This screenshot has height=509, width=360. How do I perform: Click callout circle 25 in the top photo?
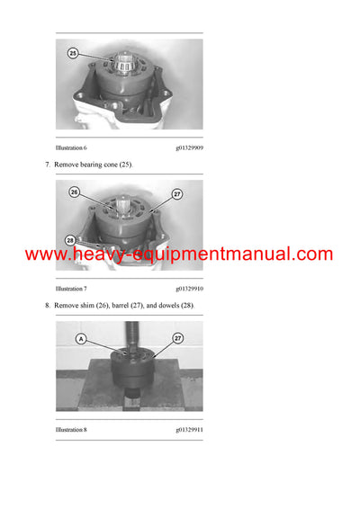coord(72,53)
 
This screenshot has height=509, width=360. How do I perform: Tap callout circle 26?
coord(74,192)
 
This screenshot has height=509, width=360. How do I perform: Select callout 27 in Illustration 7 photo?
coord(177,193)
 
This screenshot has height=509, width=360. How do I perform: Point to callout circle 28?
coord(69,240)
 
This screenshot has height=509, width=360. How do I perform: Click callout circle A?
coord(82,338)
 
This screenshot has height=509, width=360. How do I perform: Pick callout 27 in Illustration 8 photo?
coord(177,338)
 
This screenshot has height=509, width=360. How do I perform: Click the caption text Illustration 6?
coord(71,147)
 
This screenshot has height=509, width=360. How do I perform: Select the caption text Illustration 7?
coord(71,289)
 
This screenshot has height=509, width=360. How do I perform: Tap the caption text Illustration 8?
coord(71,431)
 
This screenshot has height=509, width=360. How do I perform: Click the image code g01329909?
coord(189,147)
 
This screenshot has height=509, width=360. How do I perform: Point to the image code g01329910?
coord(189,289)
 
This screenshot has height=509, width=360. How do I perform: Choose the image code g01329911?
coord(189,431)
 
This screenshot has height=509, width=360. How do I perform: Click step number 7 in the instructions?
coord(47,165)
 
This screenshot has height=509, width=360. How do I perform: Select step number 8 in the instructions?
coord(47,307)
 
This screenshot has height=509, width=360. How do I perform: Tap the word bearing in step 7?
coord(93,165)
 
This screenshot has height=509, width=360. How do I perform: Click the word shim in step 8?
coord(89,307)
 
